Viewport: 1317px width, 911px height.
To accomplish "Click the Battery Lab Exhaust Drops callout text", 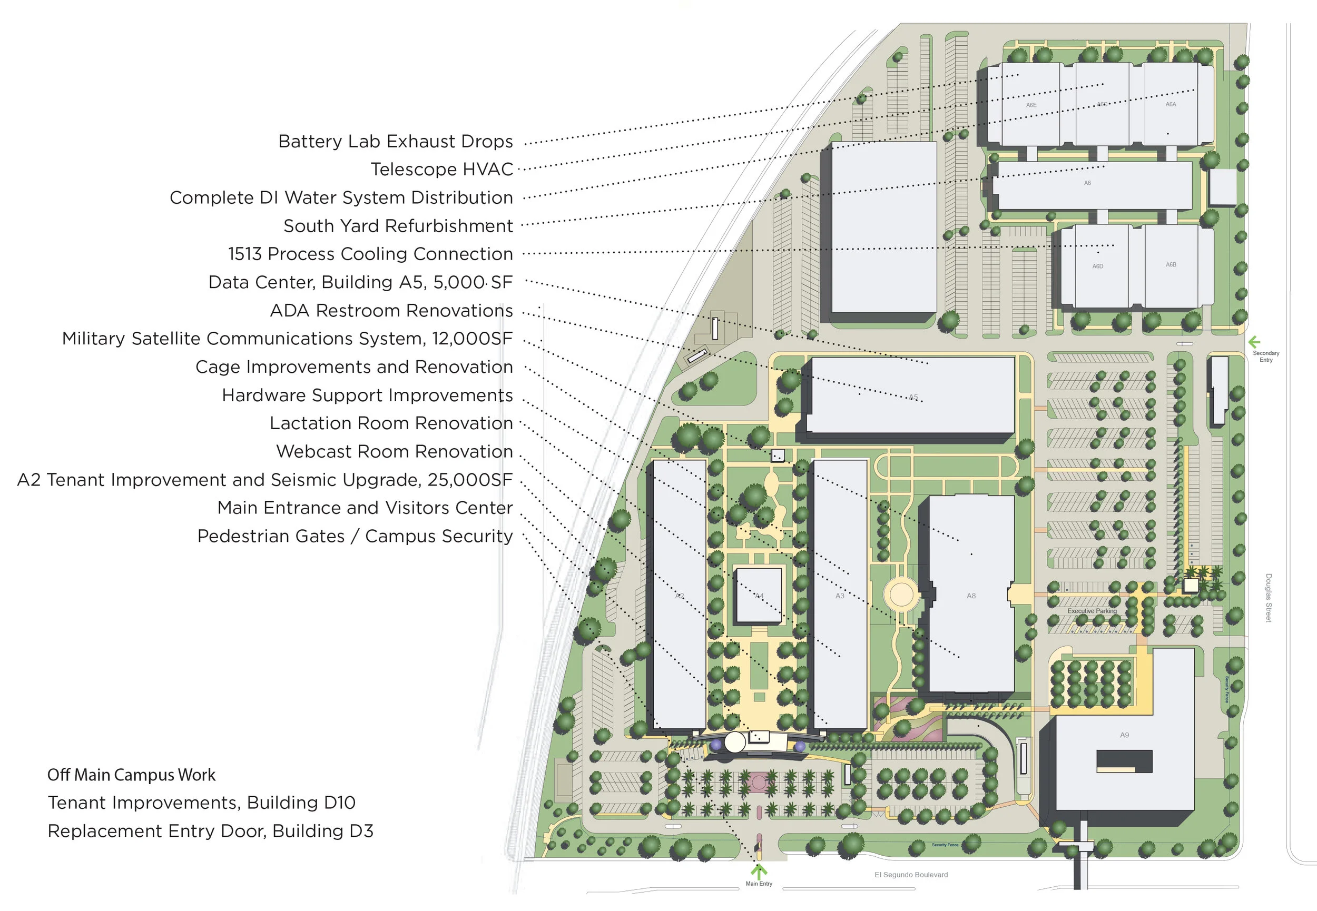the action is [395, 142].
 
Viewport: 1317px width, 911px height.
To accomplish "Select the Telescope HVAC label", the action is [441, 170].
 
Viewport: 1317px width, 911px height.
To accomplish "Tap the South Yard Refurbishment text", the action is [398, 226].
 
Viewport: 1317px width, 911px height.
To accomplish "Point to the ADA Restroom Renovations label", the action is [391, 311].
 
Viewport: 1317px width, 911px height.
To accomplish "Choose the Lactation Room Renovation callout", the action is [391, 423].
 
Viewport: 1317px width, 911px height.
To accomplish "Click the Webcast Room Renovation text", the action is [395, 451].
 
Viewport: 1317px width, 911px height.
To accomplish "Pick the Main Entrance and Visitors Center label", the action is [365, 508].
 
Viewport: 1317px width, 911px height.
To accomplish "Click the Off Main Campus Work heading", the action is [131, 775].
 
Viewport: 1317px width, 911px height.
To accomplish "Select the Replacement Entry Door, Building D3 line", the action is [210, 831].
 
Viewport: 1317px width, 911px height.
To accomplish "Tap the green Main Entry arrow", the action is [758, 872].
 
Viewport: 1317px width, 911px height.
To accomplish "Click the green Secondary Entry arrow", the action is [1254, 342].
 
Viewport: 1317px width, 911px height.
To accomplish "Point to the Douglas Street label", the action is [1269, 598].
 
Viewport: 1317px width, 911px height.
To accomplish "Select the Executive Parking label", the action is [1092, 611].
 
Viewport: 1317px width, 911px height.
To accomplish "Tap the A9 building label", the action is [1124, 735].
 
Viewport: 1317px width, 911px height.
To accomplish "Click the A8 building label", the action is [970, 596].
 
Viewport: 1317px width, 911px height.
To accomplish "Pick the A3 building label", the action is [839, 596].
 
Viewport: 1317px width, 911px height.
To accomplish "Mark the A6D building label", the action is [1097, 266].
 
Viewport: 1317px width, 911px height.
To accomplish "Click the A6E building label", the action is [1031, 105].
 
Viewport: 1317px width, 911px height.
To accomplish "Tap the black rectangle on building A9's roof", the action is [1124, 761].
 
